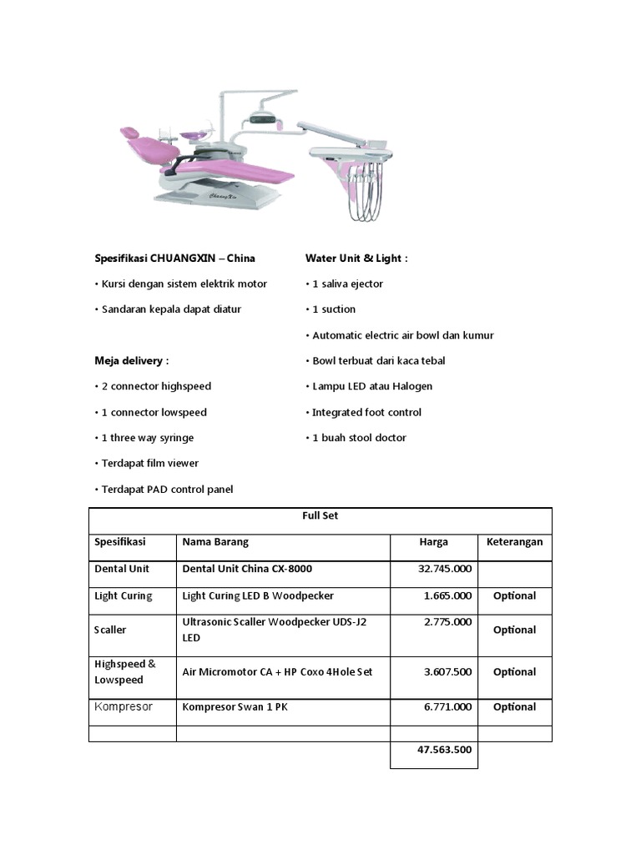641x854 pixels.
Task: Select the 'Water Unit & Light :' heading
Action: pos(356,259)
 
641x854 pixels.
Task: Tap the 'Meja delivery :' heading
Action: pos(131,360)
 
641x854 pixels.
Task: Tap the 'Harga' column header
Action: pos(433,542)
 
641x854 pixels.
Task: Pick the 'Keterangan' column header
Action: pos(514,542)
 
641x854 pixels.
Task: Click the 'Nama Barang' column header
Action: pos(215,542)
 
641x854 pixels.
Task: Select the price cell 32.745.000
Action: pos(444,569)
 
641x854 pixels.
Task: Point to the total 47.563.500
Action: pos(444,750)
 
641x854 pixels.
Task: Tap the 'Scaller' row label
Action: pos(112,630)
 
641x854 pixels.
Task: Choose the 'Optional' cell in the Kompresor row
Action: pos(514,707)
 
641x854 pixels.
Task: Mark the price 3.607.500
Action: pos(444,671)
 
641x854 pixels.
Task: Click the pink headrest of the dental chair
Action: pos(129,133)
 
